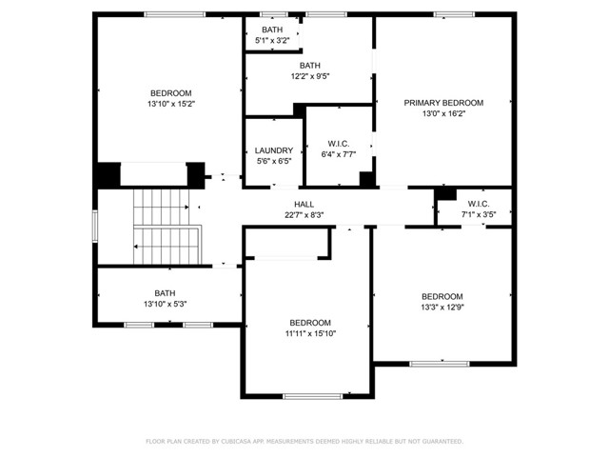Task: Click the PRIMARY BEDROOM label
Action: click(443, 103)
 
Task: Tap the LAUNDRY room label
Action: click(274, 150)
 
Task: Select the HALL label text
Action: click(304, 204)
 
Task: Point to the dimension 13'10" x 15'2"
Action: click(171, 103)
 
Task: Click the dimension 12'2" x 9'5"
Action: click(310, 76)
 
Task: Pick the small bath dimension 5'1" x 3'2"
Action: click(272, 41)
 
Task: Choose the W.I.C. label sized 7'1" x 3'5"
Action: click(478, 204)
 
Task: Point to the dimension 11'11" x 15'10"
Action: click(310, 333)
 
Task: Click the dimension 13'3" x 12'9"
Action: click(442, 307)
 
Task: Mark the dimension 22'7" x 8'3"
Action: click(304, 215)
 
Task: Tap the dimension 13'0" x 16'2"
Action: click(443, 113)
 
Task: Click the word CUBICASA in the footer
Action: click(245, 442)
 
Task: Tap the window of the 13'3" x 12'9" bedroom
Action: click(439, 362)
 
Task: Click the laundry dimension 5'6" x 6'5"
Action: click(274, 161)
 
